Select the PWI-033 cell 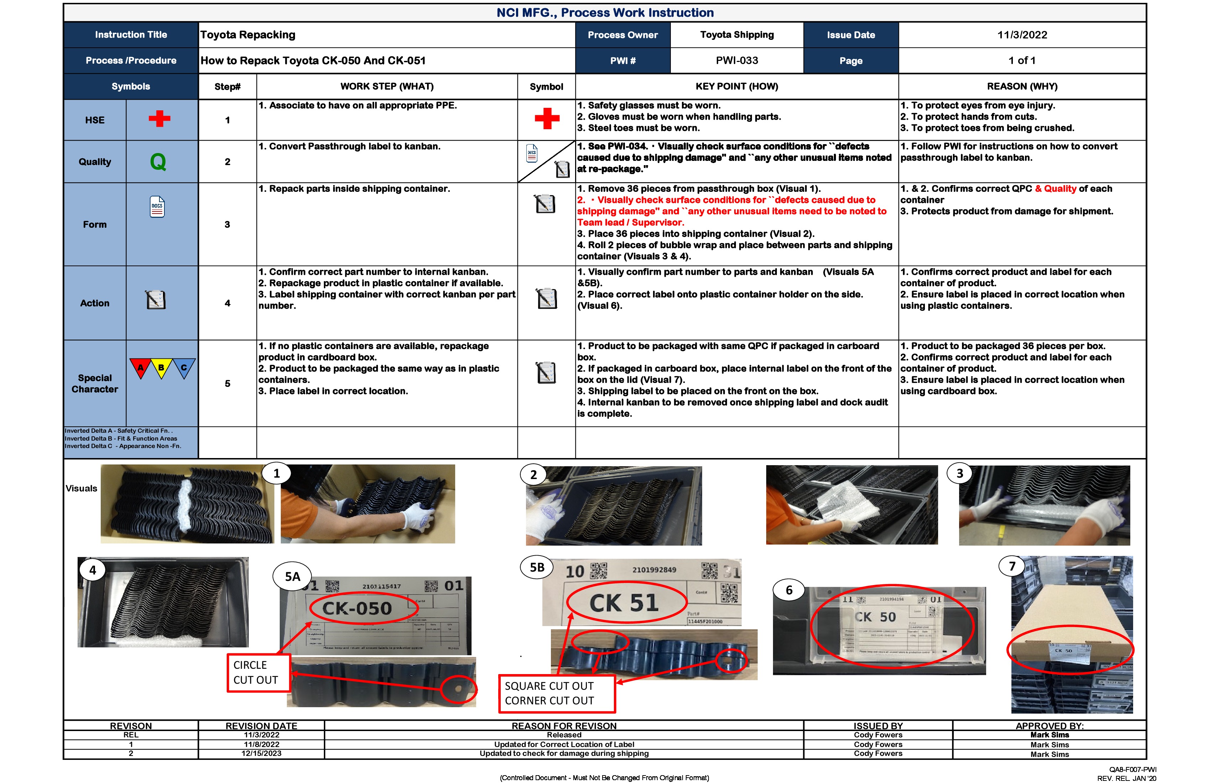(x=737, y=61)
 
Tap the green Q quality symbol (x=158, y=162)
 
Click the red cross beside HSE (x=159, y=119)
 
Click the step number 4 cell (x=227, y=303)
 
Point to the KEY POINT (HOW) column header (x=737, y=86)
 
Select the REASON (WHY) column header (x=1022, y=86)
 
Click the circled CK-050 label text (x=357, y=608)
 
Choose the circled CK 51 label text (x=624, y=603)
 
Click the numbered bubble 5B (x=537, y=567)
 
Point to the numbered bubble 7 (x=1012, y=566)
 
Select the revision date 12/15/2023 (x=261, y=753)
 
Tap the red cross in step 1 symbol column (x=547, y=119)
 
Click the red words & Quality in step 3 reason (x=1056, y=189)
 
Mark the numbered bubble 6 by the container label (x=789, y=590)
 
